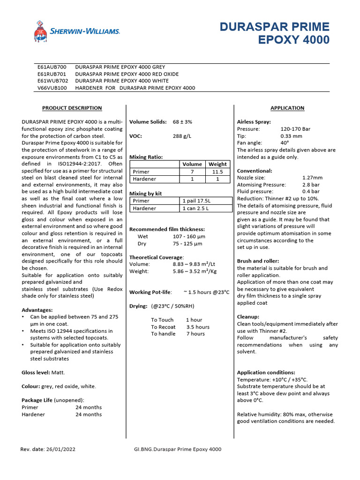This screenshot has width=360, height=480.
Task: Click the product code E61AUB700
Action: [x=52, y=67]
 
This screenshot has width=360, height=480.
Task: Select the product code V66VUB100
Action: [x=52, y=88]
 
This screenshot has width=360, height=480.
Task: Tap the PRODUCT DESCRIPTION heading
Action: [x=72, y=108]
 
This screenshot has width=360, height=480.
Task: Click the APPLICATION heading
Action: [x=287, y=108]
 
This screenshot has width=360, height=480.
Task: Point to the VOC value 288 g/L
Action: [x=182, y=136]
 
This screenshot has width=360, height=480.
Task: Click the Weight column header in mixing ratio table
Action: [x=217, y=164]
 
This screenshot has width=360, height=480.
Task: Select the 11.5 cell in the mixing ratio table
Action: [x=217, y=172]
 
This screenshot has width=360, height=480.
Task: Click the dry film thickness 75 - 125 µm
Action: [x=187, y=244]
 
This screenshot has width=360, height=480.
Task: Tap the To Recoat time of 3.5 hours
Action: [x=197, y=327]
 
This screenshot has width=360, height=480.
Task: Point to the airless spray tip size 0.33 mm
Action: [x=292, y=136]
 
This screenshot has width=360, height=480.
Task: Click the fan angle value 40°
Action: [x=285, y=142]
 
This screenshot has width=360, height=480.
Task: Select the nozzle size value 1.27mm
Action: [x=312, y=178]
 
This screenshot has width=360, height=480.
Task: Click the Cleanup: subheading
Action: [x=248, y=317]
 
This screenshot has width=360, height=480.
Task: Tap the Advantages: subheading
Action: [x=37, y=310]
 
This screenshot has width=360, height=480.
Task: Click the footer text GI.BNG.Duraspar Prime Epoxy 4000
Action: [x=178, y=449]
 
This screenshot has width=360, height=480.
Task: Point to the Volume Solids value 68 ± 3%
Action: [x=182, y=122]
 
